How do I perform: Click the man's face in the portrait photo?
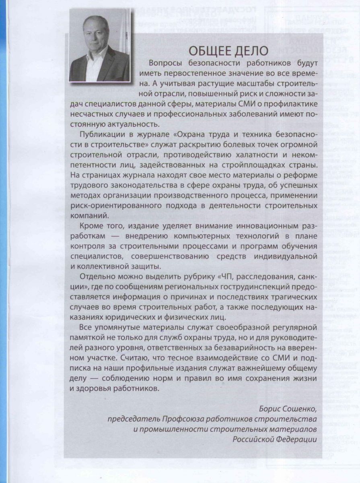96,34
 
